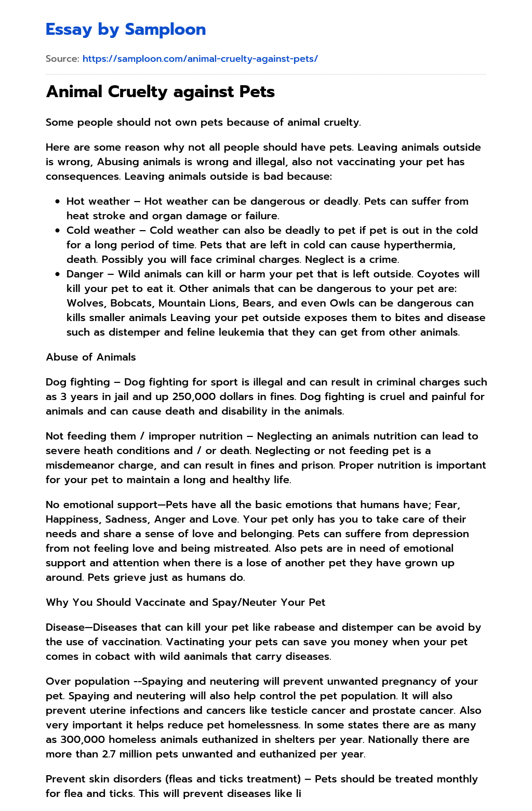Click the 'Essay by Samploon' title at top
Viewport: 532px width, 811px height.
point(126,30)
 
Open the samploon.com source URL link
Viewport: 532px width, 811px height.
point(200,59)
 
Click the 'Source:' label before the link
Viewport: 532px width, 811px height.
point(62,59)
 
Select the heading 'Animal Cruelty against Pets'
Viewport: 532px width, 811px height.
point(160,92)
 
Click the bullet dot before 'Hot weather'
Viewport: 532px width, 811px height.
point(58,202)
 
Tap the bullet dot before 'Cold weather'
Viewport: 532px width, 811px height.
point(58,231)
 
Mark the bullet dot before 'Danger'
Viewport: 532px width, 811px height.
point(58,274)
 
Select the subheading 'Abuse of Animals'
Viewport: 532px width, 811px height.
point(91,357)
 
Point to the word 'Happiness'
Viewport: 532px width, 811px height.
point(73,519)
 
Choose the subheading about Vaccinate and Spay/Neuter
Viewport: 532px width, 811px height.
point(185,602)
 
